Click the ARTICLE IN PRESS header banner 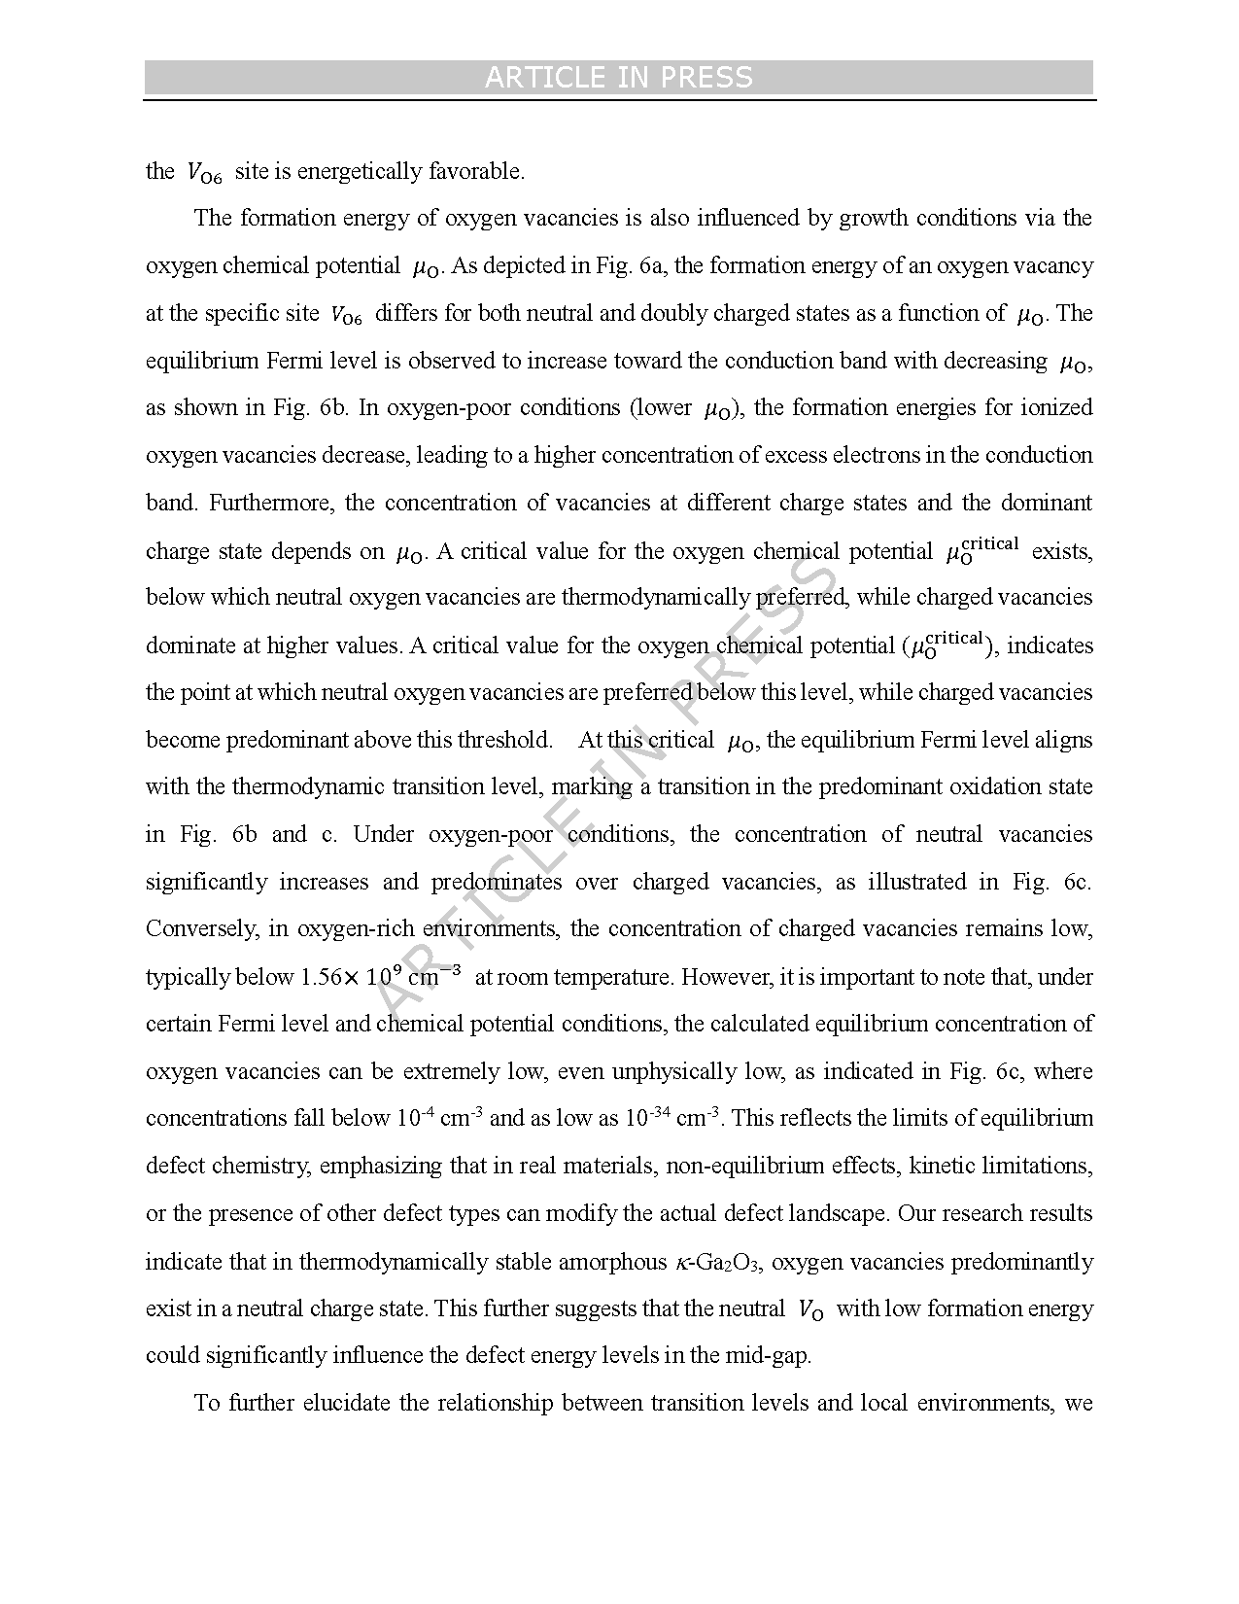pos(619,78)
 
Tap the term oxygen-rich pos(344,928)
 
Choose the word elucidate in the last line pos(347,1403)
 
